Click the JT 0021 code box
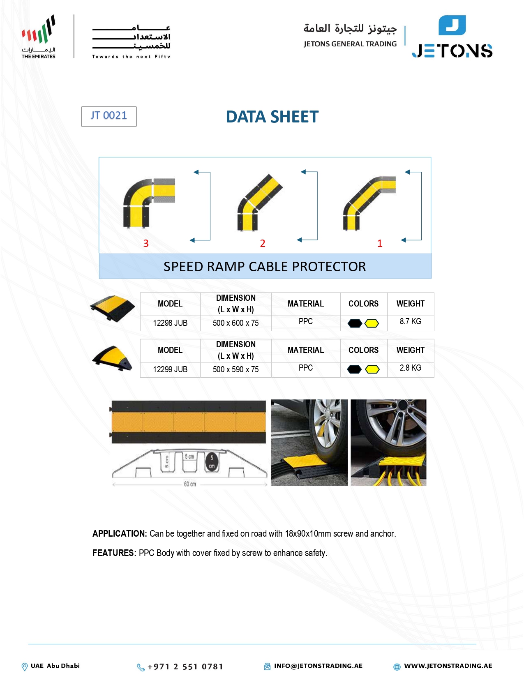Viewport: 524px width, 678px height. (x=109, y=116)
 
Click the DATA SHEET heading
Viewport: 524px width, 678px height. (x=272, y=117)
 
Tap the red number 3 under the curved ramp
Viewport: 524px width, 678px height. (x=146, y=243)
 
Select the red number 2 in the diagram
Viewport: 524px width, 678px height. (x=263, y=243)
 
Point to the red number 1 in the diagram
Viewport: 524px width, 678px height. (x=379, y=243)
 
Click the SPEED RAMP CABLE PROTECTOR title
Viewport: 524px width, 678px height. (x=265, y=266)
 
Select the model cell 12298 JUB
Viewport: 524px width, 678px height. (x=170, y=323)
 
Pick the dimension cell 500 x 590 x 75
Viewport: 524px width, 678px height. (x=235, y=369)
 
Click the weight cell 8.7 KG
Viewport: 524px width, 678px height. (x=411, y=321)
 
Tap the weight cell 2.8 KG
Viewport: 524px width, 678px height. (x=411, y=368)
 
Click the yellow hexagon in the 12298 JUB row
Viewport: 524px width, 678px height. (x=372, y=323)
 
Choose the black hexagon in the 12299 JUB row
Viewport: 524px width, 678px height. (x=354, y=369)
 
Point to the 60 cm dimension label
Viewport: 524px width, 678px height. (x=190, y=484)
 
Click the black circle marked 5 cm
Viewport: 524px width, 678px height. (x=212, y=462)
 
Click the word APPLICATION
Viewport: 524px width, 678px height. (x=120, y=533)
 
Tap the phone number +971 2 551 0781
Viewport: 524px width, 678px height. (x=185, y=667)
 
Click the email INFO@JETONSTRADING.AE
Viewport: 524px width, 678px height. (x=318, y=666)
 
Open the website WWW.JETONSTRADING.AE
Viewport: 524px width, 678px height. (x=448, y=666)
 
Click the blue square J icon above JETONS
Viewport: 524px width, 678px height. (x=452, y=25)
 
